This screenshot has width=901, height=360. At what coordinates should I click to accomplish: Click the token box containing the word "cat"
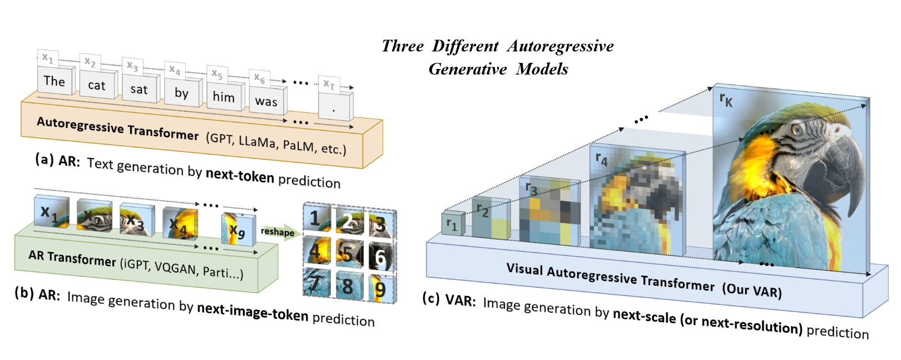96,86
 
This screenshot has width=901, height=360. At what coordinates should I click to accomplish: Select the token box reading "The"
55,81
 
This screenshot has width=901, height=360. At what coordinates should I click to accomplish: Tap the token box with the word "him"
224,97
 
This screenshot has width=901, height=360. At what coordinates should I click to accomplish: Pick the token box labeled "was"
266,102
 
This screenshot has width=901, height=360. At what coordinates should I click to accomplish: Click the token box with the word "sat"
139,90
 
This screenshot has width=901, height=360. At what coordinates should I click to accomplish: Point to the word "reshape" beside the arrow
278,232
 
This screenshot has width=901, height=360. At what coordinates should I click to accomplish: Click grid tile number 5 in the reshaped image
348,254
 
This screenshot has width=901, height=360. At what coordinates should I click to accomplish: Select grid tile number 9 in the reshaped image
380,288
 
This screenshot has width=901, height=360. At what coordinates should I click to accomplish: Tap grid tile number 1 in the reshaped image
316,219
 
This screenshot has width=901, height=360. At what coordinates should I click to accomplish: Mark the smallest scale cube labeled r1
452,224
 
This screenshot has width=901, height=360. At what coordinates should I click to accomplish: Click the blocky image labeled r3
549,211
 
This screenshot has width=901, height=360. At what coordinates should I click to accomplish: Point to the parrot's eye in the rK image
796,130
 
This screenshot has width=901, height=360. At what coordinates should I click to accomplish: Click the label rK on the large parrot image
726,100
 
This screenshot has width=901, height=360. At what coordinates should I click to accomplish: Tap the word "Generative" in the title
468,69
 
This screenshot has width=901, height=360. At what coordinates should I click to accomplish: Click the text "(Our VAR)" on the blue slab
752,290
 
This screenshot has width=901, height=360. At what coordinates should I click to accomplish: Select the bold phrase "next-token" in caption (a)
240,176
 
